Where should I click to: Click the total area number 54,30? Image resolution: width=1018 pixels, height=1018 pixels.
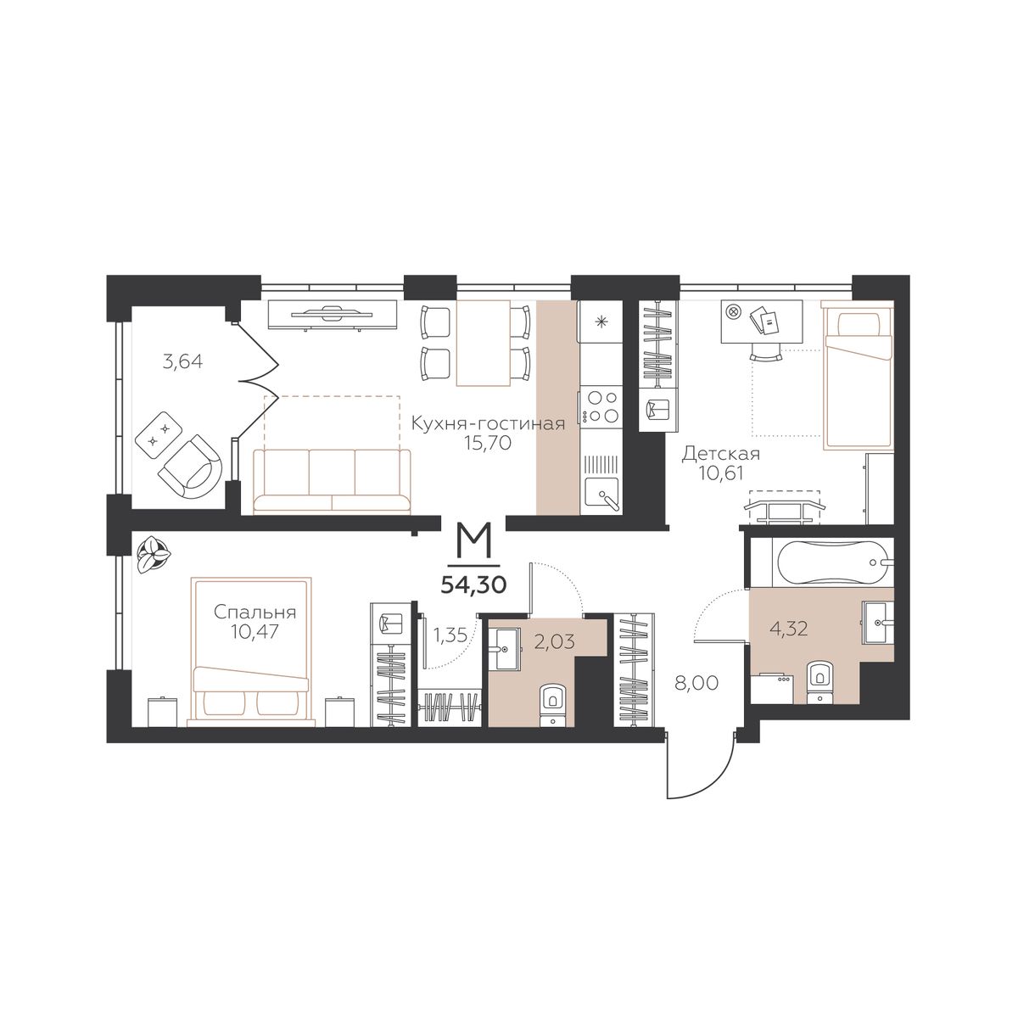coord(473,585)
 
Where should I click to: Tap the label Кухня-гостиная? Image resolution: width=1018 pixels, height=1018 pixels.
coord(488,423)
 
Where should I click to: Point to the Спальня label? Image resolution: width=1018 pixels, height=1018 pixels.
coord(255,612)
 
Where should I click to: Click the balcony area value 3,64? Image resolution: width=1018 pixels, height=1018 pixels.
coord(182,362)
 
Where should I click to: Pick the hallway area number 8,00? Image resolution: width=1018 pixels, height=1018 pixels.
coord(696,683)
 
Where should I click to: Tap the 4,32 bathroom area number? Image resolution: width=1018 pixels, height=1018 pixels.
coord(789,629)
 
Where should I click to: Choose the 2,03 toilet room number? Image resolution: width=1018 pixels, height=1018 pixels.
coord(555,641)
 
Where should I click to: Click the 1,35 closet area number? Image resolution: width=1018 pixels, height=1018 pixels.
coord(450,635)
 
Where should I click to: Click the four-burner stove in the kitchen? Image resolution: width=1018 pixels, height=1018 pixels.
coord(600,406)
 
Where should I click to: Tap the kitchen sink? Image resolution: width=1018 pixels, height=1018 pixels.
coord(601,494)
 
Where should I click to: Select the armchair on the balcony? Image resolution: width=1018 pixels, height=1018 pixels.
coord(191,467)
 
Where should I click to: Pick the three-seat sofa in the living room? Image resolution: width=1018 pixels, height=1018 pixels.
coord(332,481)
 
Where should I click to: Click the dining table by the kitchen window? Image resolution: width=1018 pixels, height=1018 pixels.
coord(484,344)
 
